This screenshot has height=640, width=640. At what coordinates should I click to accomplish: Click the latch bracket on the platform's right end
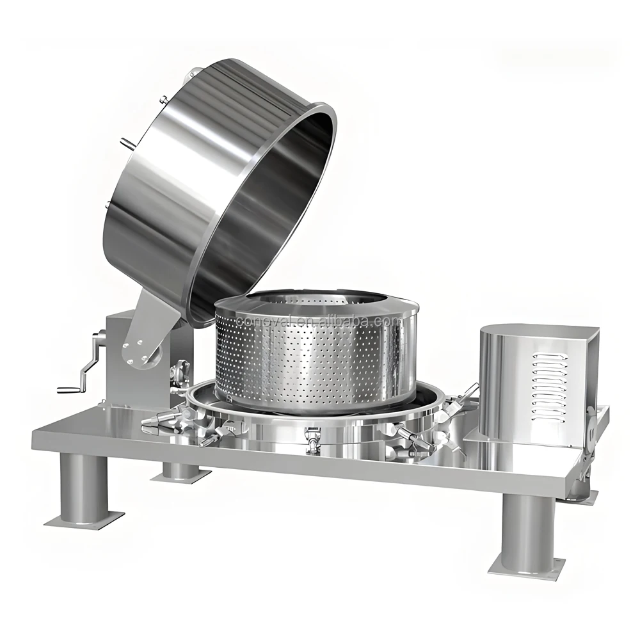click(x=589, y=448)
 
